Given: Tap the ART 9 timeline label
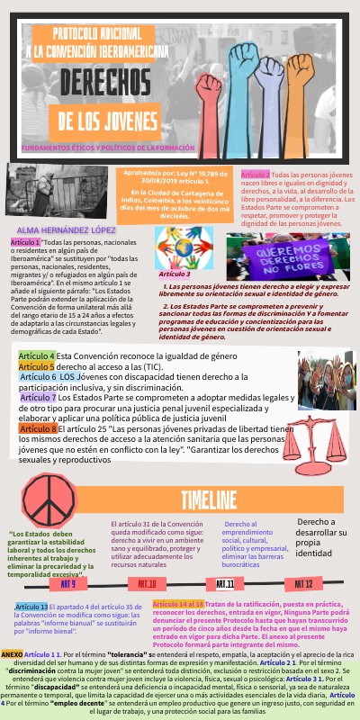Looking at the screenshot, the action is click(x=68, y=559).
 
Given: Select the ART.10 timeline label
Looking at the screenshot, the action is click(x=148, y=559).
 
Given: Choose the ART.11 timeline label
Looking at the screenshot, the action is click(x=225, y=559).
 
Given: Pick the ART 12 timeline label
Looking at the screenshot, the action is click(x=303, y=559).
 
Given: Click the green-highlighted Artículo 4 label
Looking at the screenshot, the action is click(x=36, y=356).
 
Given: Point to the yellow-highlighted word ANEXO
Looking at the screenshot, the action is click(x=13, y=652).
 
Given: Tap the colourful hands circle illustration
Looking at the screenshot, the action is click(x=184, y=247).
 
